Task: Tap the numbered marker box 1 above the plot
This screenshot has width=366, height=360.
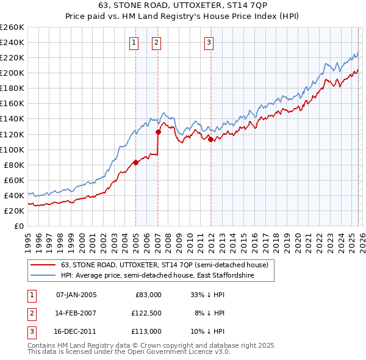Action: point(134,42)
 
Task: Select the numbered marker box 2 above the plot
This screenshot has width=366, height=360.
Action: point(157,42)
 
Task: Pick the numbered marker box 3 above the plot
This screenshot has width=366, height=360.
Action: point(209,42)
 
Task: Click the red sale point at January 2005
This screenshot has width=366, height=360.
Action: point(135,162)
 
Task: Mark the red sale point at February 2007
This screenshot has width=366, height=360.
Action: point(158,132)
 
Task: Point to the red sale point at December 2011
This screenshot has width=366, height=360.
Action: point(210,139)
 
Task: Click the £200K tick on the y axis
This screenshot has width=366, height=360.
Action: point(12,73)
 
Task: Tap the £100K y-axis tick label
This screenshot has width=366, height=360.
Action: point(12,149)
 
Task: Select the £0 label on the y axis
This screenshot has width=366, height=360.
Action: point(18,226)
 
